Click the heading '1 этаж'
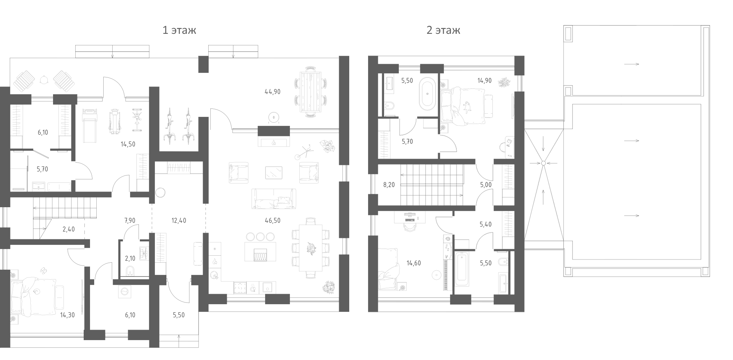(179, 30)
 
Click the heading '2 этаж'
(443, 30)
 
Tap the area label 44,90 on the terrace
(272, 92)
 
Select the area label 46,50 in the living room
(272, 220)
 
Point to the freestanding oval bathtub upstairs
(427, 94)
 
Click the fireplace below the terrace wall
(274, 142)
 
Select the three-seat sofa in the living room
(274, 199)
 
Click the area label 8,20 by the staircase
(389, 185)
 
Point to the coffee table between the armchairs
(274, 172)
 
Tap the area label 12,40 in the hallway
(179, 220)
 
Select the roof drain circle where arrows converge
(543, 163)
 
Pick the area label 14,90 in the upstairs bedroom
(484, 81)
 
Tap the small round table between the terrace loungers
(44, 80)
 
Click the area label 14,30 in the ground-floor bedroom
(67, 315)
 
